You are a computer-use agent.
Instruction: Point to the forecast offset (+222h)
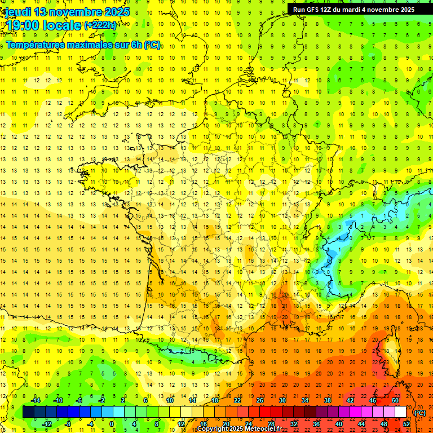click(100, 25)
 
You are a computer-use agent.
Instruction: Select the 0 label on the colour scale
click(111, 424)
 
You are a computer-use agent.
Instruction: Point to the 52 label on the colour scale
click(406, 424)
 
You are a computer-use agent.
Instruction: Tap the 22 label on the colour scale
click(237, 400)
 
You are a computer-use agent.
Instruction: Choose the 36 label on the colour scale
click(316, 424)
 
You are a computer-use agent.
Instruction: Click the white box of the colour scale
click(400, 412)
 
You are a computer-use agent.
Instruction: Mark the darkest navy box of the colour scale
click(28, 412)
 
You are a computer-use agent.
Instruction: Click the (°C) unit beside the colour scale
click(420, 412)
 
